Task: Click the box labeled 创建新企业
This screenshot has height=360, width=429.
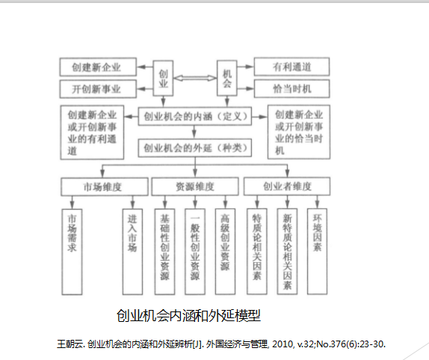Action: click(98, 66)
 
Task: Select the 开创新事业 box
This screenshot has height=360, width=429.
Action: click(98, 89)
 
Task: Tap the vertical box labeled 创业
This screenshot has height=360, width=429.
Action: click(163, 78)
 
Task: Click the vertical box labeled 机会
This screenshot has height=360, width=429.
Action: click(226, 78)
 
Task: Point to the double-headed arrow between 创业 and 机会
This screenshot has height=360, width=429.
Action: click(195, 78)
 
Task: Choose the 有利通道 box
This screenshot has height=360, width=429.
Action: click(291, 66)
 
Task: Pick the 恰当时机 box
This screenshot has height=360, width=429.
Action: click(291, 89)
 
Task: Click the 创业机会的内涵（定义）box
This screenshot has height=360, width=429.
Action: click(195, 117)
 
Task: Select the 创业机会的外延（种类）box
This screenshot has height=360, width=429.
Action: click(195, 148)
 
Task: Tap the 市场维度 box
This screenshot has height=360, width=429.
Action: click(105, 187)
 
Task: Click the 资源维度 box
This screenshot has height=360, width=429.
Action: click(195, 187)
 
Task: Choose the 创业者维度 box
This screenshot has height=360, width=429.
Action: click(287, 186)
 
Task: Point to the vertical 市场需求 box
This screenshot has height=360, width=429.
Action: click(72, 252)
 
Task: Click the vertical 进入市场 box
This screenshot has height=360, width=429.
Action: click(132, 252)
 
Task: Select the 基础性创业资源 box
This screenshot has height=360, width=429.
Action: click(164, 252)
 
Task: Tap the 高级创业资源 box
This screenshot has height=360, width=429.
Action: click(225, 252)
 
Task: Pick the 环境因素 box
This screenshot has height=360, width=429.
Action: click(317, 251)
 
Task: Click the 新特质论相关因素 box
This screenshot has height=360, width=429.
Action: click(287, 251)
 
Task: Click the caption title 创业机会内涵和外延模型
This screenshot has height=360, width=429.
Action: click(188, 316)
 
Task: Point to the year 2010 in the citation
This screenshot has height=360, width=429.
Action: click(283, 344)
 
